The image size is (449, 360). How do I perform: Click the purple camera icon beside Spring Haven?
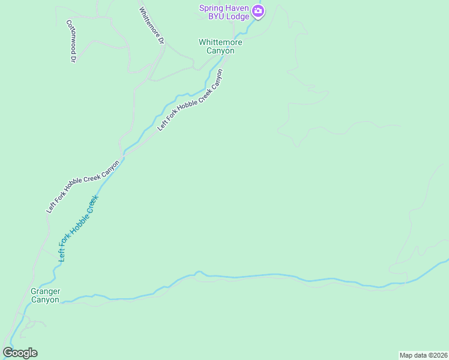(x=258, y=11)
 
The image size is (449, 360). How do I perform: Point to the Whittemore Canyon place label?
(x=220, y=46)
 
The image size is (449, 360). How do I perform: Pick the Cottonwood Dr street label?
(x=71, y=41)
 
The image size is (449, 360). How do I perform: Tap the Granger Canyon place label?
(x=46, y=295)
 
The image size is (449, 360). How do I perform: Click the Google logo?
(x=20, y=353)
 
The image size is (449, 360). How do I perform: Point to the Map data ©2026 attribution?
(x=423, y=355)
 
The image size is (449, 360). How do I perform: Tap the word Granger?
(x=46, y=291)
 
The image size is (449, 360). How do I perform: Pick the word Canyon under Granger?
(x=46, y=299)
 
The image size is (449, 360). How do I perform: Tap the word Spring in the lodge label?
(x=211, y=8)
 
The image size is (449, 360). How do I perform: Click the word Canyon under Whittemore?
(x=220, y=51)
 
